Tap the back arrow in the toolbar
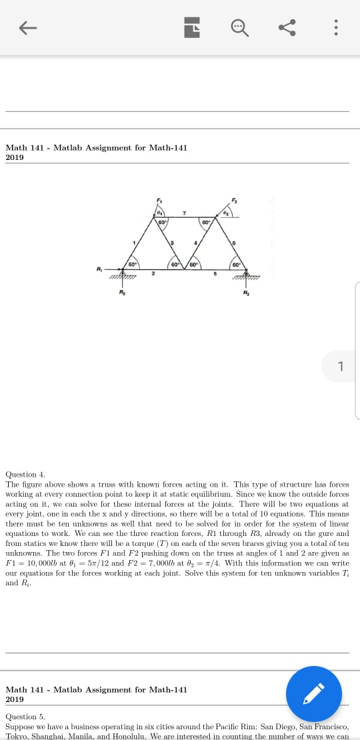click(x=27, y=27)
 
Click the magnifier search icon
click(x=239, y=27)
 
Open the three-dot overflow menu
click(x=335, y=27)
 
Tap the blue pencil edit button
click(x=313, y=693)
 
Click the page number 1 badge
click(x=341, y=366)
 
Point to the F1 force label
click(x=159, y=201)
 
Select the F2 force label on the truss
click(x=234, y=201)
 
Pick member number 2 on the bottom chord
click(x=153, y=273)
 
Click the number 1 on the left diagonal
click(x=134, y=242)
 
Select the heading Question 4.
click(x=25, y=474)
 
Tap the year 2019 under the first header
click(x=14, y=157)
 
